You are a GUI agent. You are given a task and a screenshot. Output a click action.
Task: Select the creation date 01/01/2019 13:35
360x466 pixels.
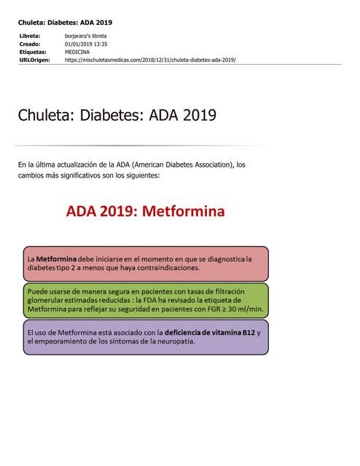tap(86, 44)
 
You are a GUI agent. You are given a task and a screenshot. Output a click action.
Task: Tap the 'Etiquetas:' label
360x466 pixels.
tap(32, 52)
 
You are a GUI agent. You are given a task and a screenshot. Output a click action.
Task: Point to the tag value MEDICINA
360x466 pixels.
tap(77, 52)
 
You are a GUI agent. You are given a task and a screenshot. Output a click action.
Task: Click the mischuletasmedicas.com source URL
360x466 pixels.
tap(150, 60)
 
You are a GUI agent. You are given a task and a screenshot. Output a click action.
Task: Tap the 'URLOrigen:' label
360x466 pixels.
tap(34, 60)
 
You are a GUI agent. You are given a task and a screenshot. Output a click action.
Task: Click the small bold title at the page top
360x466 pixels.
tap(65, 23)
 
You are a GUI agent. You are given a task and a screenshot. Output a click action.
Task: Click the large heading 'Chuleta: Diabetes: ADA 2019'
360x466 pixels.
tap(117, 116)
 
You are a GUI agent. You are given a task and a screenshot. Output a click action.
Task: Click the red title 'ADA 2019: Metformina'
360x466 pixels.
tap(145, 212)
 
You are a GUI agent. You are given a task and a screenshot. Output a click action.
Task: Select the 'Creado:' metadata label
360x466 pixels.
tap(29, 44)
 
